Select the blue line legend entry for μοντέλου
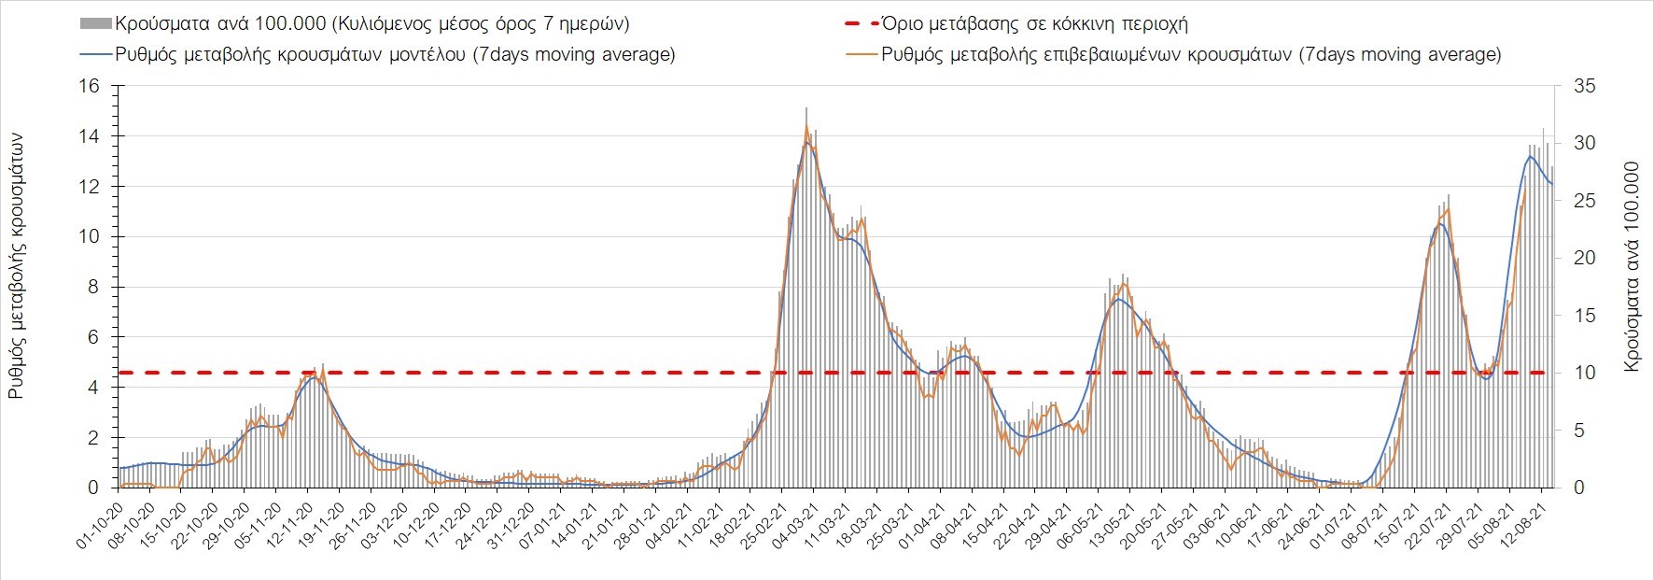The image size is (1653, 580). (x=95, y=54)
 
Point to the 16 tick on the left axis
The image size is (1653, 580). (x=90, y=86)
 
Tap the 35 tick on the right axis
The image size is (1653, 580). (x=1585, y=86)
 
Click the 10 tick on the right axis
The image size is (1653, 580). (x=1585, y=373)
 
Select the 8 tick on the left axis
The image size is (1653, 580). (x=93, y=287)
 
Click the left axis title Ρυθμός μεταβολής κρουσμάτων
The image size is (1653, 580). (x=17, y=266)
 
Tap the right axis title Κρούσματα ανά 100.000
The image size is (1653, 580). (x=1632, y=266)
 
